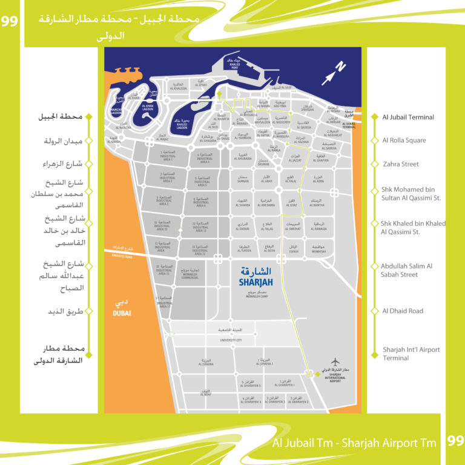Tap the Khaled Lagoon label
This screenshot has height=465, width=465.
click(185, 126)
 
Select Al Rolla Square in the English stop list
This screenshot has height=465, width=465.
click(404, 140)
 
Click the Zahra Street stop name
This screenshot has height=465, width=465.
click(400, 164)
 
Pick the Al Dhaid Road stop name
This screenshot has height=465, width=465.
click(403, 311)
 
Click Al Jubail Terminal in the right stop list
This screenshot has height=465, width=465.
click(408, 117)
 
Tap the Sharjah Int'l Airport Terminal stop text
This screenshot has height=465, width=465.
click(411, 354)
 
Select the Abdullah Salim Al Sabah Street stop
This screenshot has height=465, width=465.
click(406, 270)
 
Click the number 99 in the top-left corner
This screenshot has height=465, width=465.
click(10, 21)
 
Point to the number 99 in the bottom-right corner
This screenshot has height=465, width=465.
click(455, 441)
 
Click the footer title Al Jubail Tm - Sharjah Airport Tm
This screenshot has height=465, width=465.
click(354, 443)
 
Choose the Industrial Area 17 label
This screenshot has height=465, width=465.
click(163, 303)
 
